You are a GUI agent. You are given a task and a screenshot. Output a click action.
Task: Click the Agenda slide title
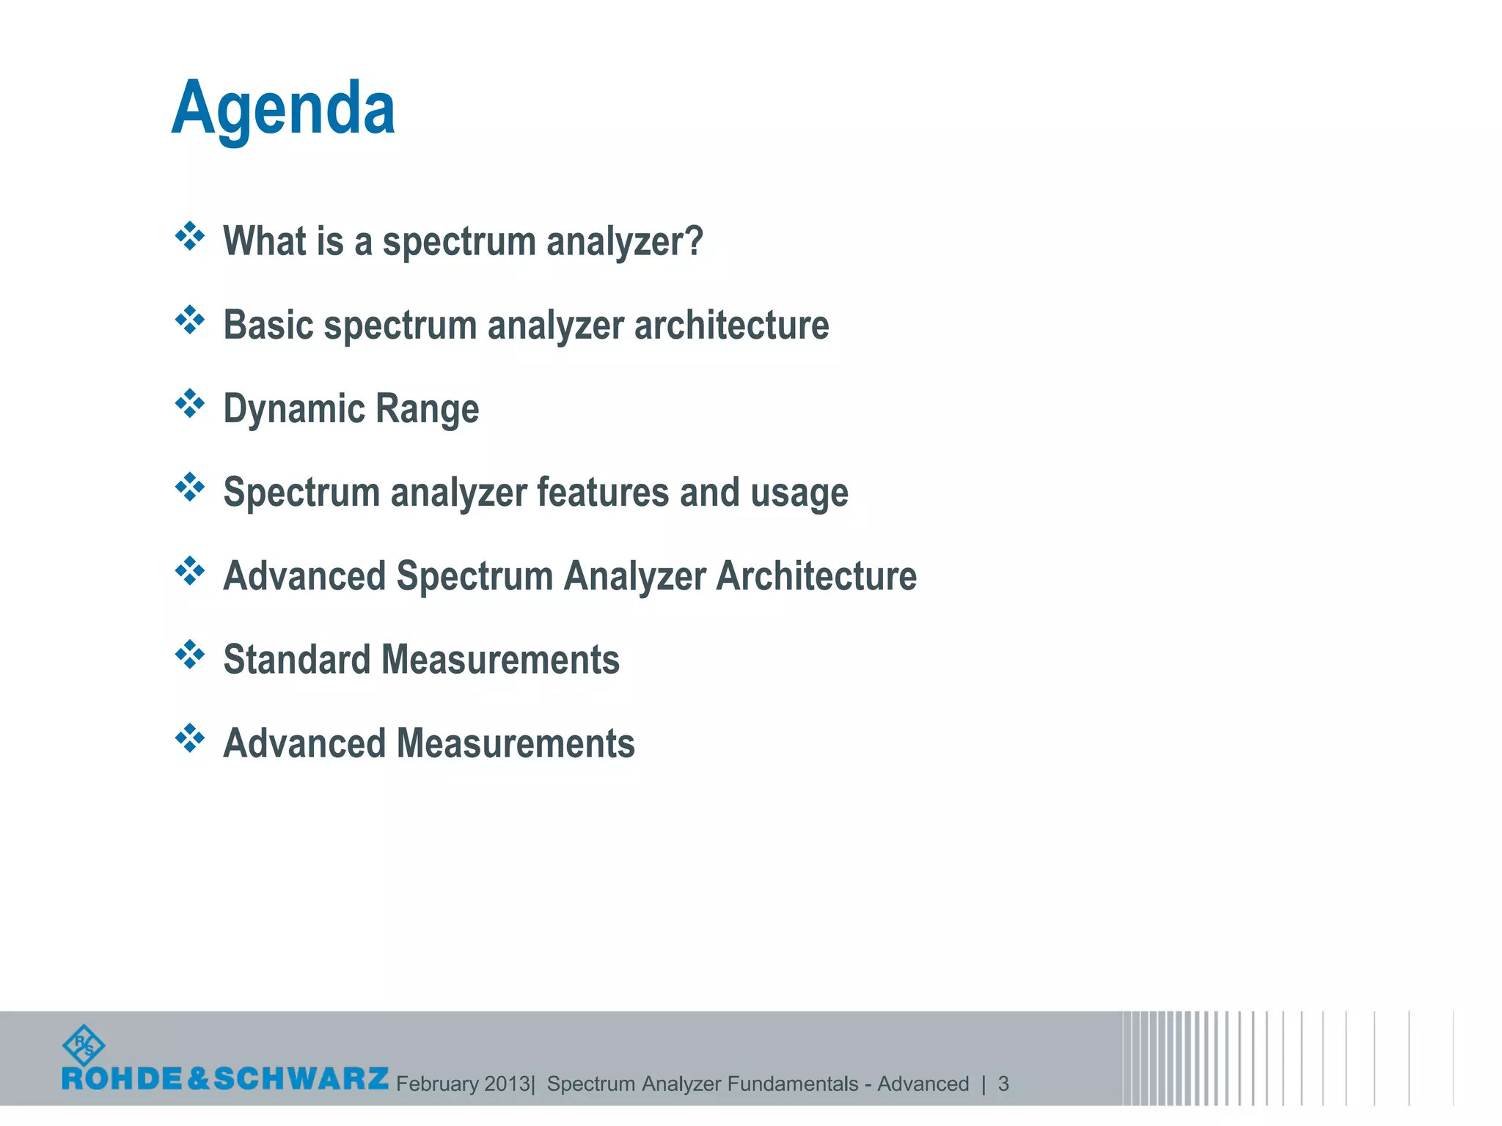click(283, 110)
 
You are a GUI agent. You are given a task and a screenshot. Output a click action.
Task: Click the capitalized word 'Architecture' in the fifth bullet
click(816, 575)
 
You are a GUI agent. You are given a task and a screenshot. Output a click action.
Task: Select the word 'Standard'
click(296, 659)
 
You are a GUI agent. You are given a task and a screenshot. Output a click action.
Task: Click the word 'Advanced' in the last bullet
click(304, 743)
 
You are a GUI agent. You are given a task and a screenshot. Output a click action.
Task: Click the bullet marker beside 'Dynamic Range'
click(190, 403)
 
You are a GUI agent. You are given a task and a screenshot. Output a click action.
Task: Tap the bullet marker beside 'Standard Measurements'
click(190, 654)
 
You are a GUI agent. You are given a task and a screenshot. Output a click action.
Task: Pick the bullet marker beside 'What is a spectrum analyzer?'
click(190, 236)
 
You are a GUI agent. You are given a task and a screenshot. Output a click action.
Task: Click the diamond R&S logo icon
click(84, 1045)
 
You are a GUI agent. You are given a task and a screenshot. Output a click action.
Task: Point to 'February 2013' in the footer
click(463, 1083)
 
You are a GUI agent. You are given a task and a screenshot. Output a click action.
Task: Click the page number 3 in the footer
click(1003, 1083)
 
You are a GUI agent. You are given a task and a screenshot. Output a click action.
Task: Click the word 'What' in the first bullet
click(260, 240)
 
